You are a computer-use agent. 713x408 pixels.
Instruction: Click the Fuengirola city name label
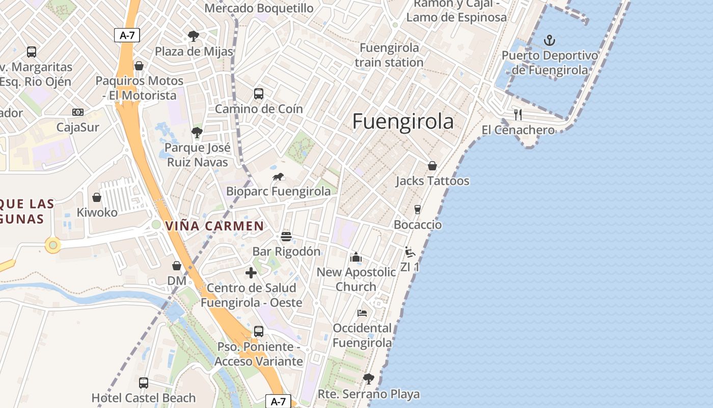point(403,121)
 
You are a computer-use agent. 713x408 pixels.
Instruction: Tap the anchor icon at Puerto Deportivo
point(550,40)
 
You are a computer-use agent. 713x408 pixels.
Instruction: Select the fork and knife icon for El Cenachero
point(518,114)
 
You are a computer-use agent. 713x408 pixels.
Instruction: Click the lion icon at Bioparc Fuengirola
point(278,177)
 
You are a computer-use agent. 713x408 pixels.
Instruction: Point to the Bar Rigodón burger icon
point(286,237)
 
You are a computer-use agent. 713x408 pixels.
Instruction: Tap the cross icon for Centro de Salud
point(251,273)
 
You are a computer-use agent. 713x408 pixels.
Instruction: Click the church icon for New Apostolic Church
point(356,257)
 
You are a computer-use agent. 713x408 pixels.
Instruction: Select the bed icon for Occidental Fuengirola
point(362,313)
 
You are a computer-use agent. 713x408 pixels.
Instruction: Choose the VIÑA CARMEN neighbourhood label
point(215,226)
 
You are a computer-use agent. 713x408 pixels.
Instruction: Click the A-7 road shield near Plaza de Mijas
point(126,35)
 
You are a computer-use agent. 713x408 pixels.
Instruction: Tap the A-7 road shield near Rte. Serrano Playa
point(278,401)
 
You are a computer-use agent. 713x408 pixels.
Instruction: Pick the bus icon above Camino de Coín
point(259,94)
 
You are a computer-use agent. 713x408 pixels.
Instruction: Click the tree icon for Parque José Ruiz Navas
point(197,133)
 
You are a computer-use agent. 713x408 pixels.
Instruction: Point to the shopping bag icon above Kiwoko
point(97,197)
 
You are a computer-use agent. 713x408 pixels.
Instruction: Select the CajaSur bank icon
point(77,112)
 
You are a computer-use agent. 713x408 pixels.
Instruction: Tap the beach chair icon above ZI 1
point(409,252)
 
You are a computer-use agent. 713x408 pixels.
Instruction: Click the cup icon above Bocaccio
point(418,210)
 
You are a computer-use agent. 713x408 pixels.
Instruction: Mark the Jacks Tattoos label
point(432,181)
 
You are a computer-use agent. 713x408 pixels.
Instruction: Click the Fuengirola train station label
point(389,55)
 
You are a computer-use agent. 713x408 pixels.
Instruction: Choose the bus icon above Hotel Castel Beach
point(144,382)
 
